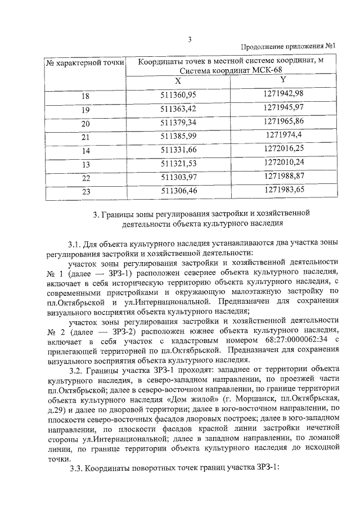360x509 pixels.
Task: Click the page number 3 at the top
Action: [x=190, y=39]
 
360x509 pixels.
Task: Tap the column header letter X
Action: [x=178, y=81]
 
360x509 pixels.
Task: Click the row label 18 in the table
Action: [x=85, y=97]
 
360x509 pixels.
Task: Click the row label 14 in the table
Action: [x=85, y=151]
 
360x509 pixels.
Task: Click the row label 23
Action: [x=85, y=192]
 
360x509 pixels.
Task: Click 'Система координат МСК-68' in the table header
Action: [x=231, y=71]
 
